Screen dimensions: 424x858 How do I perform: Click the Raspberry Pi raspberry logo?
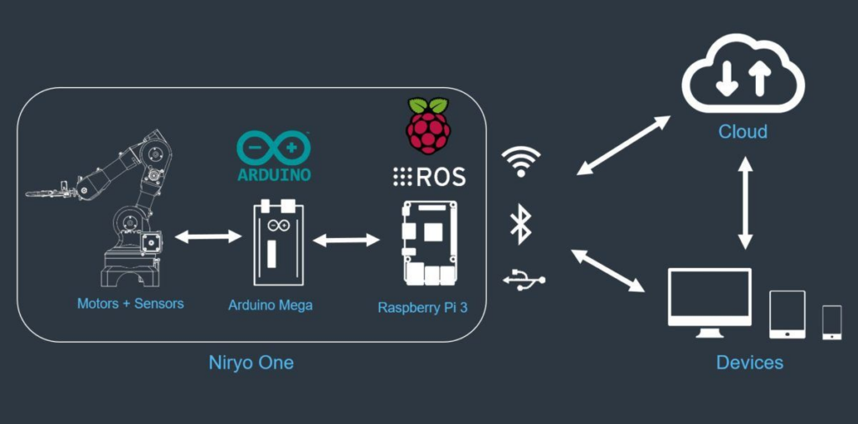point(427,127)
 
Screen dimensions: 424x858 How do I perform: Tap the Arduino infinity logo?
point(274,148)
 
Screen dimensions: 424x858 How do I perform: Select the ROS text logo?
point(429,177)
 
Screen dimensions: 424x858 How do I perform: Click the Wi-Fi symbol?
point(521,163)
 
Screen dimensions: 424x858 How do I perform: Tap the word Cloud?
point(742,132)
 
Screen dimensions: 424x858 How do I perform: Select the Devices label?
point(749,363)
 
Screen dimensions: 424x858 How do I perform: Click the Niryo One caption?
point(251,364)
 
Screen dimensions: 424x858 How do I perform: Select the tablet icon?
point(787,314)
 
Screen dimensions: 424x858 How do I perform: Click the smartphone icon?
point(831,323)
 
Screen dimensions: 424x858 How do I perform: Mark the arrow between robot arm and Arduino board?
point(208,238)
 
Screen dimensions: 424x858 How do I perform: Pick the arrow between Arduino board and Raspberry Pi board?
point(346,240)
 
